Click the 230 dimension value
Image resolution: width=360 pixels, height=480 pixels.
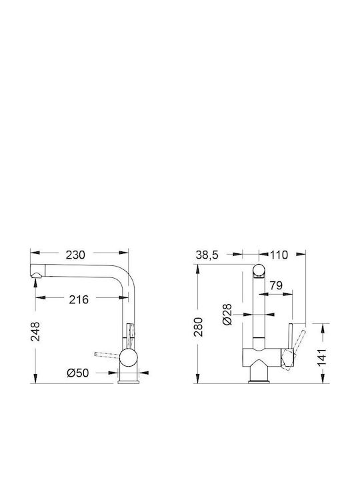(75, 255)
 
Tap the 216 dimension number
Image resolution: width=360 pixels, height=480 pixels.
(79, 300)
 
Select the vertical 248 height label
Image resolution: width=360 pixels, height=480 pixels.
(35, 331)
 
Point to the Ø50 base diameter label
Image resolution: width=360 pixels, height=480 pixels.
(78, 373)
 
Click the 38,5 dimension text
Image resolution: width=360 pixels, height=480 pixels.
(207, 255)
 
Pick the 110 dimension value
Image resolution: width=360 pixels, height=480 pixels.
(279, 255)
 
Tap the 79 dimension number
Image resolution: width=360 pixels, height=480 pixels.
(276, 285)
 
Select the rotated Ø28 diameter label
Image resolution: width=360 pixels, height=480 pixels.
(227, 315)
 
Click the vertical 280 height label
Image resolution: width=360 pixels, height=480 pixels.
(199, 327)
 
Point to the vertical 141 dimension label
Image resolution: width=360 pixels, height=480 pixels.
(322, 357)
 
